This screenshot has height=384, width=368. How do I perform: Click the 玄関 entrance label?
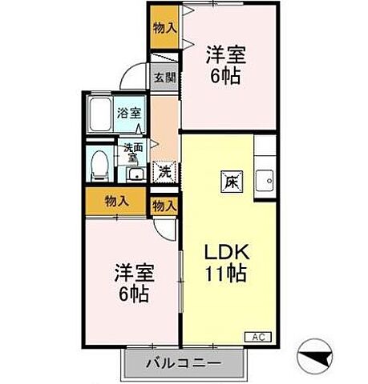164,80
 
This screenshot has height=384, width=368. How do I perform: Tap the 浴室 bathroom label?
126,113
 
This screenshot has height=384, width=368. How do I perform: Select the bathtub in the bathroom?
100,118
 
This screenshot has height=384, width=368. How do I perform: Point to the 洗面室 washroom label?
131,152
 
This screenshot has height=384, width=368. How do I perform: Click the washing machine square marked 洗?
164,170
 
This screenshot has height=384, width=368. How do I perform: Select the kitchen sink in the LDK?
264,181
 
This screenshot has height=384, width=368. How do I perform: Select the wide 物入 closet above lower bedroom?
118,201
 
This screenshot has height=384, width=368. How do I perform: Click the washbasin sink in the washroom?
134,174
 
